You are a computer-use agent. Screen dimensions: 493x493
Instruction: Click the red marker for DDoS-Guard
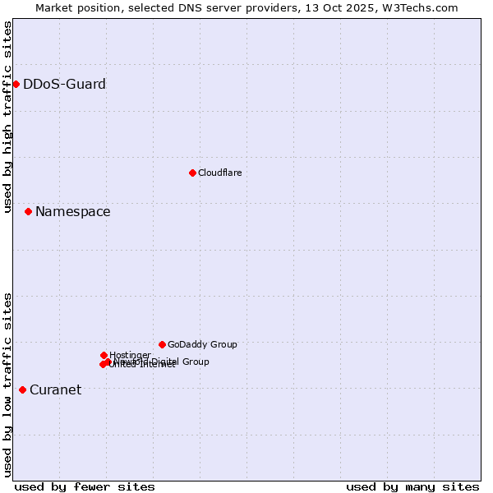pyautogui.click(x=16, y=84)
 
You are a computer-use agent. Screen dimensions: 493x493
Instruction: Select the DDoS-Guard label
pyautogui.click(x=64, y=84)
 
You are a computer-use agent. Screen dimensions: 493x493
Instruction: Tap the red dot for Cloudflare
pyautogui.click(x=192, y=173)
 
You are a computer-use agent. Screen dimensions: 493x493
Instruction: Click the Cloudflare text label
pyautogui.click(x=219, y=173)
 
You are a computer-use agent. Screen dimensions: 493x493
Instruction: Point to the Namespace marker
pyautogui.click(x=28, y=211)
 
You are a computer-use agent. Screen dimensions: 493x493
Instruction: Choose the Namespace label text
pyautogui.click(x=72, y=212)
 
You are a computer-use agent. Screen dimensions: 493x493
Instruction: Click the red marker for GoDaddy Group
pyautogui.click(x=162, y=344)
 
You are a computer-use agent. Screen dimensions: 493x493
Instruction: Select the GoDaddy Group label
pyautogui.click(x=202, y=345)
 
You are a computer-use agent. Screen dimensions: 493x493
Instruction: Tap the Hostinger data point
pyautogui.click(x=104, y=355)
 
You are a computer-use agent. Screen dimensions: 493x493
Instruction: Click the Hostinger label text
pyautogui.click(x=130, y=355)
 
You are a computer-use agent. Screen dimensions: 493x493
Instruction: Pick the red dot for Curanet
pyautogui.click(x=22, y=389)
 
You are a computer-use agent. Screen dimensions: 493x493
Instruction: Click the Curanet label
pyautogui.click(x=55, y=390)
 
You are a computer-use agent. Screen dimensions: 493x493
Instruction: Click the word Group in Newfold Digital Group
pyautogui.click(x=196, y=362)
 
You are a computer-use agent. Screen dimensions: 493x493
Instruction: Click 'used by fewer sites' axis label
pyautogui.click(x=85, y=486)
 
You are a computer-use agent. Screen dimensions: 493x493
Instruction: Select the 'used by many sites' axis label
pyautogui.click(x=412, y=486)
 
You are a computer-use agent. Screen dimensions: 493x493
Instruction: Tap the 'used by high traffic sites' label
pyautogui.click(x=7, y=117)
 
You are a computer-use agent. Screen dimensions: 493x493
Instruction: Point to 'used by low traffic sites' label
pyautogui.click(x=7, y=385)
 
